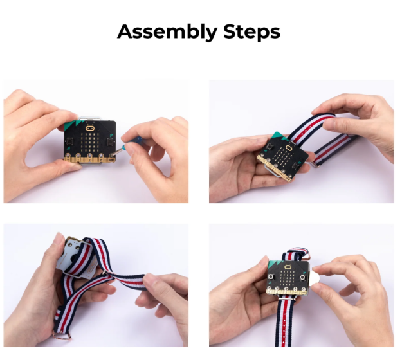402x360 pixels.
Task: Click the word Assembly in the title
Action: click(x=167, y=32)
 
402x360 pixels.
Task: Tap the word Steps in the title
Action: click(x=251, y=32)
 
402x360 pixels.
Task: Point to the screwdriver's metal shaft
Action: click(x=117, y=152)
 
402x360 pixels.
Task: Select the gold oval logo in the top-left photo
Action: click(x=89, y=127)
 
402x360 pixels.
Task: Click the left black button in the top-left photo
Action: click(x=69, y=141)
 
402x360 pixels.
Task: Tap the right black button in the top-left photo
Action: click(x=110, y=140)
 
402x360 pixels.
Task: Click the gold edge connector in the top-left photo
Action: click(x=89, y=159)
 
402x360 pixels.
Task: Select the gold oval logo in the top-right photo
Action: click(x=289, y=148)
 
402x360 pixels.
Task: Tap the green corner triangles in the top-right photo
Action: click(x=279, y=136)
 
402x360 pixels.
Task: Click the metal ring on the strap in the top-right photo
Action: click(x=315, y=164)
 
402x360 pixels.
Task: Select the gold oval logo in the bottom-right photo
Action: click(x=288, y=267)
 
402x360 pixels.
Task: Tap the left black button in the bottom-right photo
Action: click(x=271, y=276)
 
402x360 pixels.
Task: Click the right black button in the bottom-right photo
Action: click(x=302, y=277)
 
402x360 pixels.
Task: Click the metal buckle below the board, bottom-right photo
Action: click(x=288, y=297)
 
